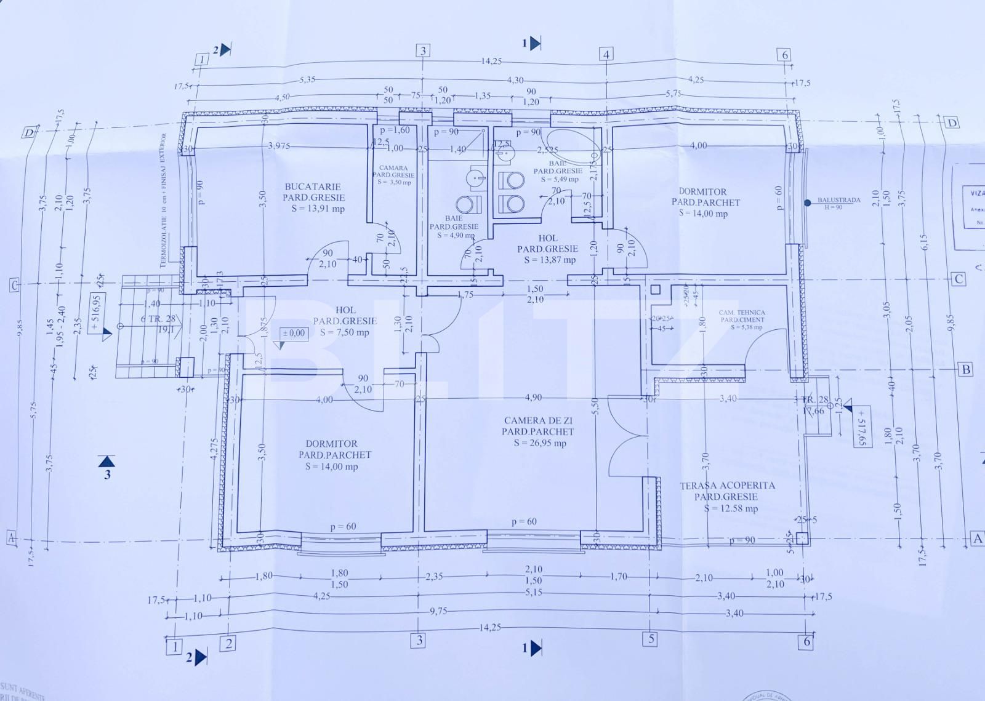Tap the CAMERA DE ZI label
538,420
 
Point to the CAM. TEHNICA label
742,313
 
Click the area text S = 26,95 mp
540,443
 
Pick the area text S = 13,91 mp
318,209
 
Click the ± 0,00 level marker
293,333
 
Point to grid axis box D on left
28,133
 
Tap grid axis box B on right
966,369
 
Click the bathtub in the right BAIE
573,144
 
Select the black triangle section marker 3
107,460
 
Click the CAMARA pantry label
394,168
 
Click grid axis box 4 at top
606,54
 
